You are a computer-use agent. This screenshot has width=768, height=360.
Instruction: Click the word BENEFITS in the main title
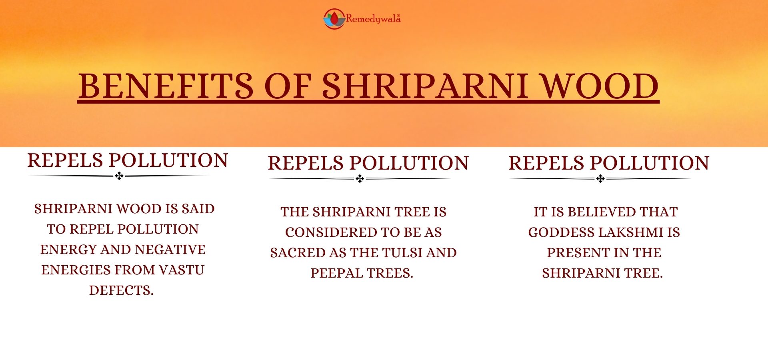(166, 86)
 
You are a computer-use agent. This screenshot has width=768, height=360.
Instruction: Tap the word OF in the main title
(288, 86)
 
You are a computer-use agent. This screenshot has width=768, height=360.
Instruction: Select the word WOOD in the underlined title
(600, 86)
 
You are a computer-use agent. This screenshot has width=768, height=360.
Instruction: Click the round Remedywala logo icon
(334, 19)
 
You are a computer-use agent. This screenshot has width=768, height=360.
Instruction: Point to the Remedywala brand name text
(373, 19)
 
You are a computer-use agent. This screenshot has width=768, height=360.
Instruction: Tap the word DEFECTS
(121, 290)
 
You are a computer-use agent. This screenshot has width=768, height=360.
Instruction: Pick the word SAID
(198, 209)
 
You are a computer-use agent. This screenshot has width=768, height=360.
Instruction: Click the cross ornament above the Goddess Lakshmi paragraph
(600, 179)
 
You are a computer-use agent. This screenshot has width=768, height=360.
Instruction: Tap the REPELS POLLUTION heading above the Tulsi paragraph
(368, 163)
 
